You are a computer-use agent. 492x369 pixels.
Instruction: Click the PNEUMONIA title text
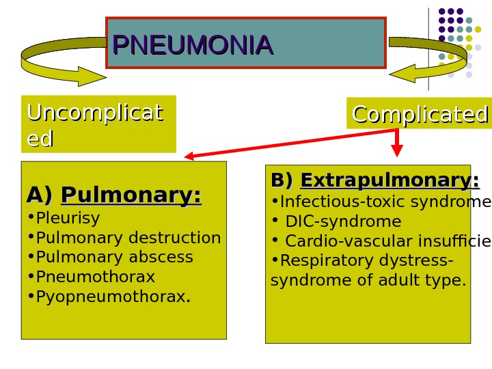point(193,45)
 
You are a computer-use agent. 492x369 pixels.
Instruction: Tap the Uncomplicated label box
point(98,124)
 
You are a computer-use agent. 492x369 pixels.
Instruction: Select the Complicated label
point(420,114)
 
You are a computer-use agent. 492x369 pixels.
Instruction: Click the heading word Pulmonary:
point(131,196)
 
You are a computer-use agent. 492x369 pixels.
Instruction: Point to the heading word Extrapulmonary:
point(389,181)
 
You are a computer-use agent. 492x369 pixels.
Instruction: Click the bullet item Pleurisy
point(68,219)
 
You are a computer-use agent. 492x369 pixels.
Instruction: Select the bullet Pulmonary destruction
point(128,238)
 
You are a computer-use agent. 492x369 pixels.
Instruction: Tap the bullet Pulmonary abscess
point(114,257)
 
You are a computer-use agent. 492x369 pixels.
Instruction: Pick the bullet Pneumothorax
point(95,277)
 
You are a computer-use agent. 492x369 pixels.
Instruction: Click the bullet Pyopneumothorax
point(113,297)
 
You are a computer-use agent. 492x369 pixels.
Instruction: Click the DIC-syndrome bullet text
point(343,221)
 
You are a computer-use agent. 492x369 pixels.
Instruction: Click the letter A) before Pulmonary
point(40,196)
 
